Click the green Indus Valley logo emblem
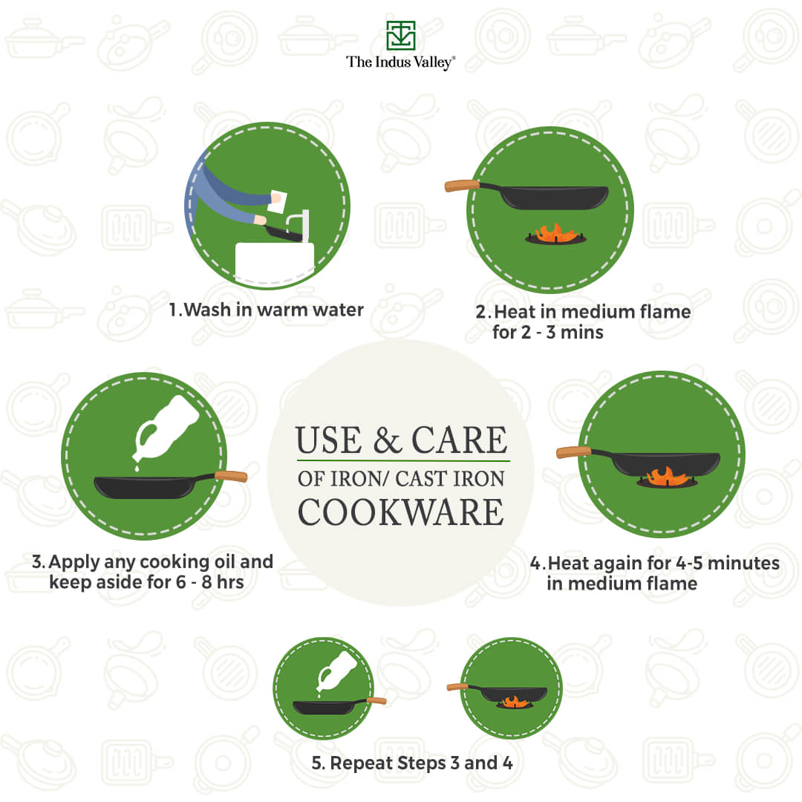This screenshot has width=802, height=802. pos(400,36)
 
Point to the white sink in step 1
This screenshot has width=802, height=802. pos(274,262)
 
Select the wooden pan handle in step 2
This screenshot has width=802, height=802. pos(462,185)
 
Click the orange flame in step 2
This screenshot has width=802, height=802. pos(555,232)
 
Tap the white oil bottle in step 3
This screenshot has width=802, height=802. pos(165,428)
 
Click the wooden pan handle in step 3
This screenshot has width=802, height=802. pos(231,477)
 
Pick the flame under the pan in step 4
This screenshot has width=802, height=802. pos(665,477)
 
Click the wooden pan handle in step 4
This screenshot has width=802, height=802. pos(573,452)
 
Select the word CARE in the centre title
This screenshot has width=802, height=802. pos(460,440)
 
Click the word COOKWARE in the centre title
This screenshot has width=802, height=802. pos(401,512)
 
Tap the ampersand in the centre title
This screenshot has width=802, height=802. pos(387,440)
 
